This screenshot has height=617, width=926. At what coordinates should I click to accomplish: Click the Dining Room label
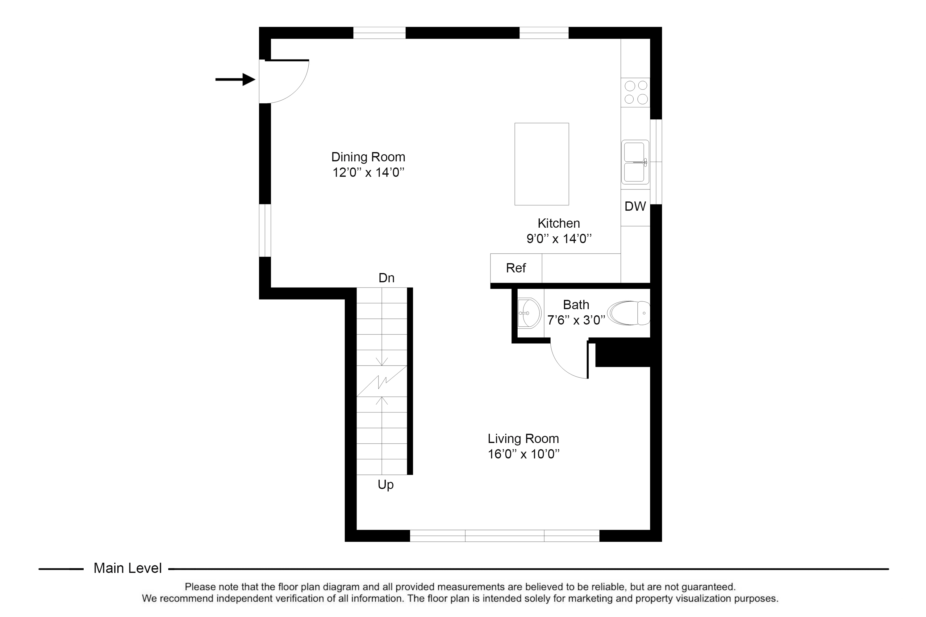tap(368, 157)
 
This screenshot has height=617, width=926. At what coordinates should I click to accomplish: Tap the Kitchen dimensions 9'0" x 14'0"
tap(559, 238)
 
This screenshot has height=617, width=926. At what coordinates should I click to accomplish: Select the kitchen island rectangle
tap(542, 164)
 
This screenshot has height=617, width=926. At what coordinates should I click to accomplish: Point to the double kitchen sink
tap(635, 162)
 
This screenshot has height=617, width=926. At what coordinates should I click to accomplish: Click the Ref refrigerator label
tap(516, 268)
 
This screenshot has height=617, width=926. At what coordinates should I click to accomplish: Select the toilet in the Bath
tap(628, 313)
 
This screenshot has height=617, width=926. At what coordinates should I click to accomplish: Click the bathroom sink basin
tap(529, 313)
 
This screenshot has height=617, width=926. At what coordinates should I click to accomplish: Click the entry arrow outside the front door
tap(236, 80)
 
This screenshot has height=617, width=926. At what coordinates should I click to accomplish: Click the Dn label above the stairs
tap(386, 278)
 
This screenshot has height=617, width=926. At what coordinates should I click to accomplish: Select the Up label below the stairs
tap(386, 485)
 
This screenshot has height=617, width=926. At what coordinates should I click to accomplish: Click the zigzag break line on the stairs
tap(382, 381)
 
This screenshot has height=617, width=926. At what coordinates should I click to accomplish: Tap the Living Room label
tap(523, 438)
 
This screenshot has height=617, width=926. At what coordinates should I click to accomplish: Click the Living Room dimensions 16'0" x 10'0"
tap(523, 454)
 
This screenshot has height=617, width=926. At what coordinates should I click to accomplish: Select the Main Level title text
tap(127, 568)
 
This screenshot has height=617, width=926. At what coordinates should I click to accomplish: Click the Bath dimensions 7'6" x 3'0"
tap(576, 320)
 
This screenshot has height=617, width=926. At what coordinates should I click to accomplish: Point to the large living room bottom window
tap(504, 536)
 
